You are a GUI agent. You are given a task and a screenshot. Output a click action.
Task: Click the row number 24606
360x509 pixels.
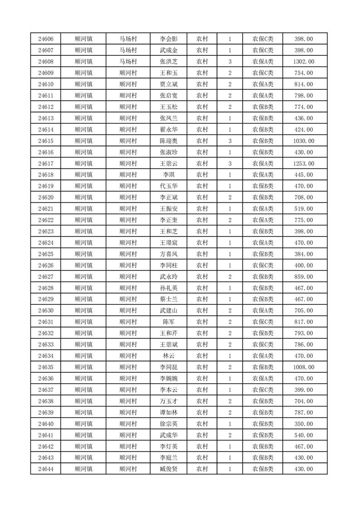[46, 39]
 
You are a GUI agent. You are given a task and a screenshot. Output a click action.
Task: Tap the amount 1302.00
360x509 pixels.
[304, 62]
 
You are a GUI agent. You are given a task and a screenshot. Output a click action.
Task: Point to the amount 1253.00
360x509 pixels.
[304, 164]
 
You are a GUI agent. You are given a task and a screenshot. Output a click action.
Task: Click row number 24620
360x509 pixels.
[46, 198]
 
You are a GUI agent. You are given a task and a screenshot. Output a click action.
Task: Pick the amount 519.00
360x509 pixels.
[304, 209]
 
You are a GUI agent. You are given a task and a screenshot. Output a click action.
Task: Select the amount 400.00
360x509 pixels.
[304, 265]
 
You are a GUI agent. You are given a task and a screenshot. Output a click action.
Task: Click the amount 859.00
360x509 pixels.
[304, 277]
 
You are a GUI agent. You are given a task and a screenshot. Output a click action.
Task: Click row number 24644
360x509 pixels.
[46, 469]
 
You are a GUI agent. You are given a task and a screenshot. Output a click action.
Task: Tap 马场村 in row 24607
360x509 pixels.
[128, 50]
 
